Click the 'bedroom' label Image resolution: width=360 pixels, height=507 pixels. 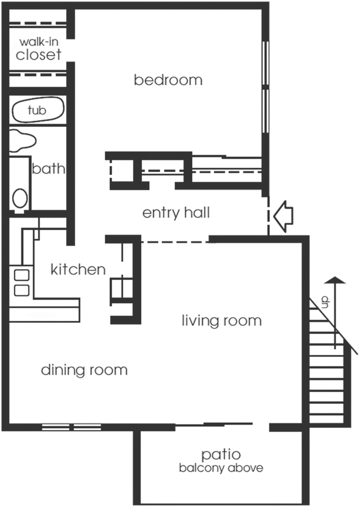coord(168,80)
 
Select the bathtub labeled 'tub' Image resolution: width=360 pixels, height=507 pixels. coord(38,110)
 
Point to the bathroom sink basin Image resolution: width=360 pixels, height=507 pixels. coord(24,140)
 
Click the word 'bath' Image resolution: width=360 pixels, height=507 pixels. coord(48,170)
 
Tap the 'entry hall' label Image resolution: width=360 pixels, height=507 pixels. coord(176,213)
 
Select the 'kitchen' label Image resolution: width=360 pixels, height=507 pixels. coord(78,270)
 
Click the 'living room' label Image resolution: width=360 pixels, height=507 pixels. coord(222,321)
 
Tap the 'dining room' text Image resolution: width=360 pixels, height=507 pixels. coord(84,370)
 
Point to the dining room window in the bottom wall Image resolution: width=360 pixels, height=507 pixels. coord(70,428)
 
